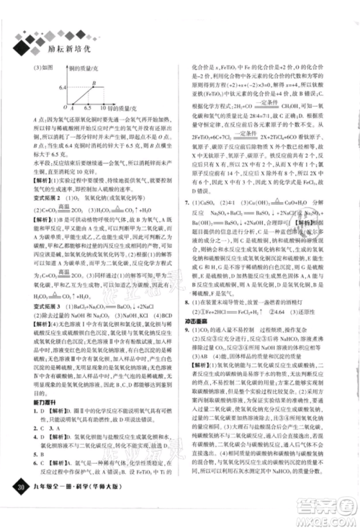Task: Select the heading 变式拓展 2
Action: point(47,197)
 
